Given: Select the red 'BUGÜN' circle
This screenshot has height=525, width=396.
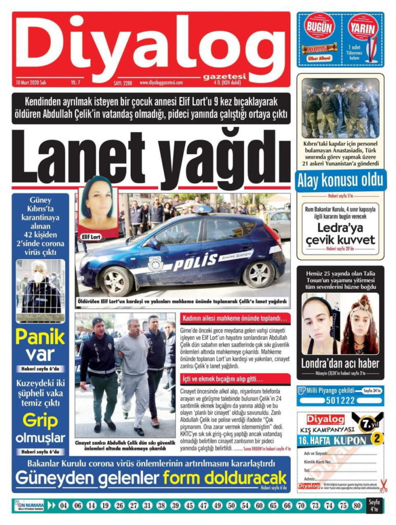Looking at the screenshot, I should [320, 29].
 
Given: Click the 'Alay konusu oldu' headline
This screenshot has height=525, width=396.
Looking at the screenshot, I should [340, 180].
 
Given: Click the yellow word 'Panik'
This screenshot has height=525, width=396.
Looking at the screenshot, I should [40, 337].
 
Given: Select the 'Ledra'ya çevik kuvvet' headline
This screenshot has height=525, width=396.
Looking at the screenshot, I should [340, 234].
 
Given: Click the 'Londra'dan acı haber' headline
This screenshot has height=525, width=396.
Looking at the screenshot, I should [340, 364].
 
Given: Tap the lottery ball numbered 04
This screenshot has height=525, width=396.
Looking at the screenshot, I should [64, 506].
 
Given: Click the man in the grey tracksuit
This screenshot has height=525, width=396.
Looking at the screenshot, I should [132, 372].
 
